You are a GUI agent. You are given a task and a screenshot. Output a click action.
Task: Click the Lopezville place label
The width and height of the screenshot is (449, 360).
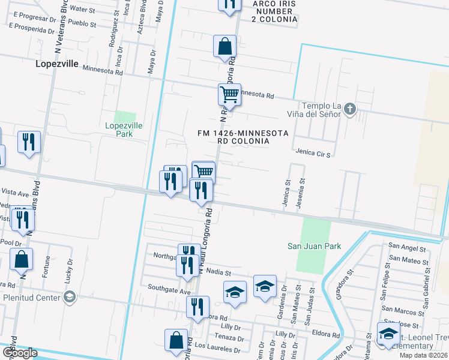click(57, 62)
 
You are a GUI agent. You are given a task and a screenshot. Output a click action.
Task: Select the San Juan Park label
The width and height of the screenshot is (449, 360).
click(314, 246)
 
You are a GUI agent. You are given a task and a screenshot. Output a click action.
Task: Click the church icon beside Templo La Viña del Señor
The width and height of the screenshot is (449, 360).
click(351, 109)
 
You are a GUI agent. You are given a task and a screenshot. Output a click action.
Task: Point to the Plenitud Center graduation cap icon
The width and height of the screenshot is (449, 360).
click(69, 297)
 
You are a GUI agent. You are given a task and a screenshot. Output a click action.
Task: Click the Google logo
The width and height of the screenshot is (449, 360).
click(19, 352)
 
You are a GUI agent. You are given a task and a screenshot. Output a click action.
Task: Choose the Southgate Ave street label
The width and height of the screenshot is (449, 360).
click(165, 292)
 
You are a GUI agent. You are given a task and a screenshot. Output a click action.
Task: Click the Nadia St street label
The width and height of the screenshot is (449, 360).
click(214, 271)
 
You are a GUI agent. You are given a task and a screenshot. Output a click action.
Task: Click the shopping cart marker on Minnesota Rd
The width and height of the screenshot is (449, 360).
click(229, 94)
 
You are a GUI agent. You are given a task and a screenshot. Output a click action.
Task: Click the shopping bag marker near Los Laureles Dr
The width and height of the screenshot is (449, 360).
click(176, 340)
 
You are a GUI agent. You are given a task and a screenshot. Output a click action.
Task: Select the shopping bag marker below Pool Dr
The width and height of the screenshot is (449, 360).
click(21, 259)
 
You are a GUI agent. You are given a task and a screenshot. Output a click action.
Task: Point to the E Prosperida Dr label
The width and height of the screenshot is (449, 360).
click(35, 28)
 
